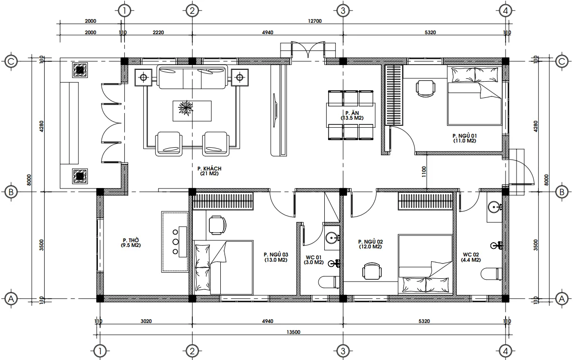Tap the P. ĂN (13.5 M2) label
[x=351, y=115]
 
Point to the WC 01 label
[x=313, y=257]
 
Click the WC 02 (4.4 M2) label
[x=472, y=257]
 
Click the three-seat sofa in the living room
[x=192, y=78]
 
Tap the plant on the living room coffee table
[x=186, y=108]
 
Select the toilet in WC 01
[x=328, y=282]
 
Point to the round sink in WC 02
[x=494, y=207]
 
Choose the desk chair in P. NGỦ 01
[x=425, y=87]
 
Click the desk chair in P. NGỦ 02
[x=371, y=272]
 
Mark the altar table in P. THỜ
[x=175, y=242]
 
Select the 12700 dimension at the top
[x=315, y=21]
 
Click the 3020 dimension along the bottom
[x=146, y=322]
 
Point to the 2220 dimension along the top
[x=158, y=32]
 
